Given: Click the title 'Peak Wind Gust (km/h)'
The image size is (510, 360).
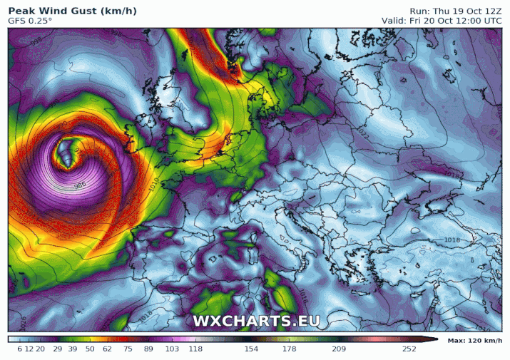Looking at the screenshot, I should tap(72, 11).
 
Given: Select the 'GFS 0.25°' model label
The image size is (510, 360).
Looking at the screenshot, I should tap(30, 21).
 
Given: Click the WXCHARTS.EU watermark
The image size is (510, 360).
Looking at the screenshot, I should tap(256, 322).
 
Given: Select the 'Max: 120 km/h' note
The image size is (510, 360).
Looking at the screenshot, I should tap(474, 341).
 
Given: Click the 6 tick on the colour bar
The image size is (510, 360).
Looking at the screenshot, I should tap(19, 349).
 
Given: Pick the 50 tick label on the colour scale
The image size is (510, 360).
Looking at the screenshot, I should tap(90, 349).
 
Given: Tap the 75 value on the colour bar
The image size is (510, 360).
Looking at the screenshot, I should tap(128, 349).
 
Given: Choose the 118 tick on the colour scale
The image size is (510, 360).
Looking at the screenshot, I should tap(195, 349).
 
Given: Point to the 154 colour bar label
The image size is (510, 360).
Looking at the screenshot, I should tap(251, 349).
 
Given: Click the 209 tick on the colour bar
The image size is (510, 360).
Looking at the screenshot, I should tap(338, 349).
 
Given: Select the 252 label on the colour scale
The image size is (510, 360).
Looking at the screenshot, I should tap(409, 349).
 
